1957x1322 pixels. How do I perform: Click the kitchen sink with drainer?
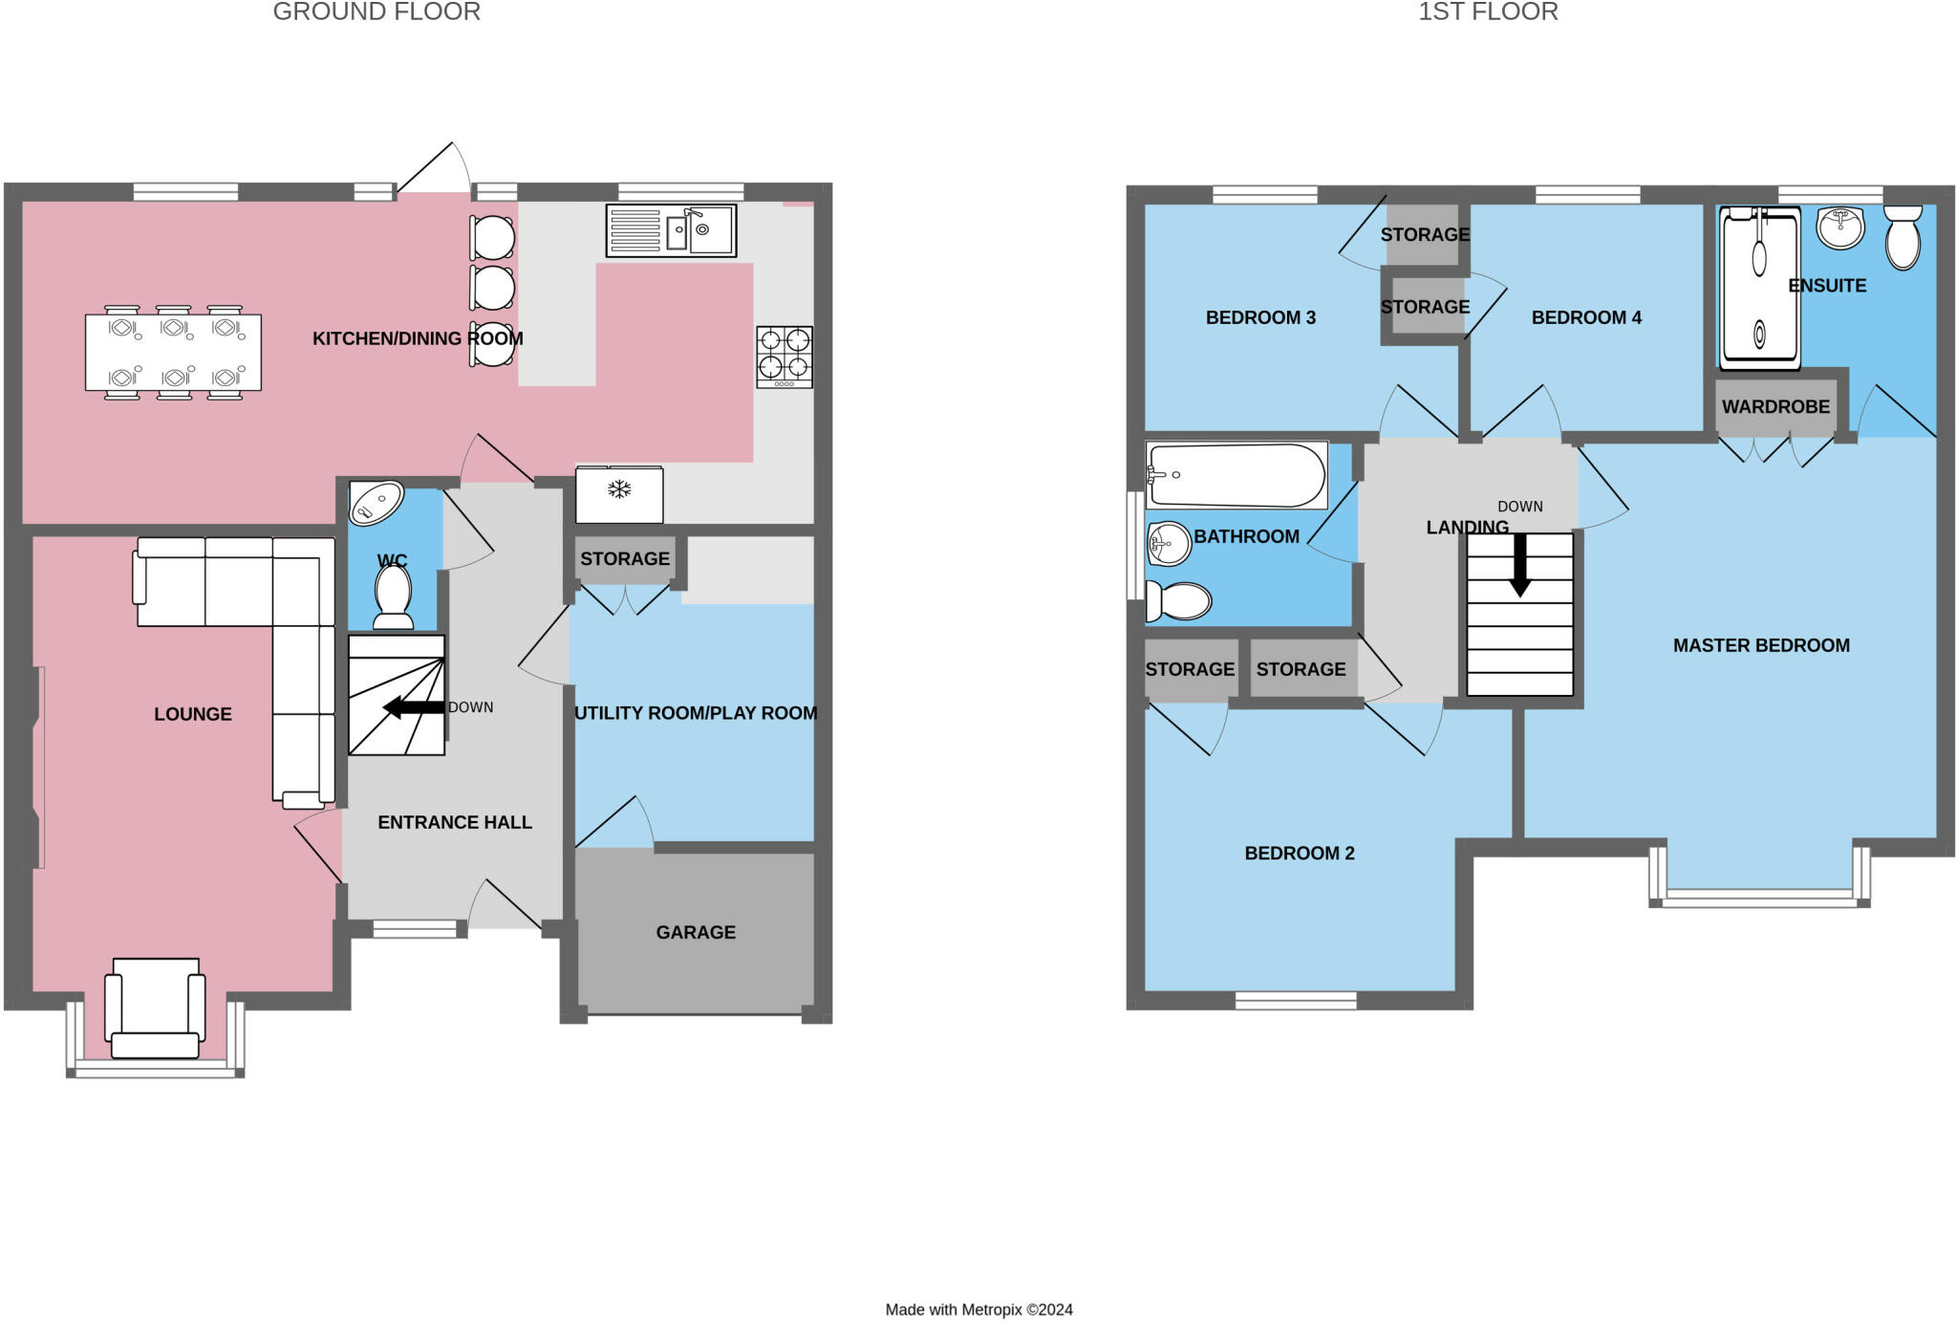pyautogui.click(x=671, y=230)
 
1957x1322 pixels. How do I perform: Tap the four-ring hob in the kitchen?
pyautogui.click(x=785, y=357)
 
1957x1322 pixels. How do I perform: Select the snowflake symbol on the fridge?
pyautogui.click(x=620, y=490)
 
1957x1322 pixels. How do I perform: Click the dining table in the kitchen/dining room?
pyautogui.click(x=173, y=353)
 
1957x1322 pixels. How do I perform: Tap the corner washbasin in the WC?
pyautogui.click(x=376, y=503)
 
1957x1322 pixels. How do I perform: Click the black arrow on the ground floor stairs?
pyautogui.click(x=414, y=707)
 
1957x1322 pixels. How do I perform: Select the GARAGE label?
pyautogui.click(x=696, y=932)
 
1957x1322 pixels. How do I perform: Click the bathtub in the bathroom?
pyautogui.click(x=1237, y=475)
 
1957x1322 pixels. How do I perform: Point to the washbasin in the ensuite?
pyautogui.click(x=1839, y=228)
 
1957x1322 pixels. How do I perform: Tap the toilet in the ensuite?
pyautogui.click(x=1903, y=238)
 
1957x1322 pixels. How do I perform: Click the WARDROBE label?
pyautogui.click(x=1775, y=406)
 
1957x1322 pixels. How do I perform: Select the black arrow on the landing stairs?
pyautogui.click(x=1519, y=564)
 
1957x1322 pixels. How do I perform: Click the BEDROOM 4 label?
pyautogui.click(x=1586, y=317)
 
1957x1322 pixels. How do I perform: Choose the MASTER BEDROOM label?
pyautogui.click(x=1761, y=645)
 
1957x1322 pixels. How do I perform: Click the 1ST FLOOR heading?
pyautogui.click(x=1488, y=12)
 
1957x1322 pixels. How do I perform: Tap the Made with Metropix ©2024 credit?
pyautogui.click(x=978, y=1310)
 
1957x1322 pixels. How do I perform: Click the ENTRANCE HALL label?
pyautogui.click(x=455, y=822)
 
